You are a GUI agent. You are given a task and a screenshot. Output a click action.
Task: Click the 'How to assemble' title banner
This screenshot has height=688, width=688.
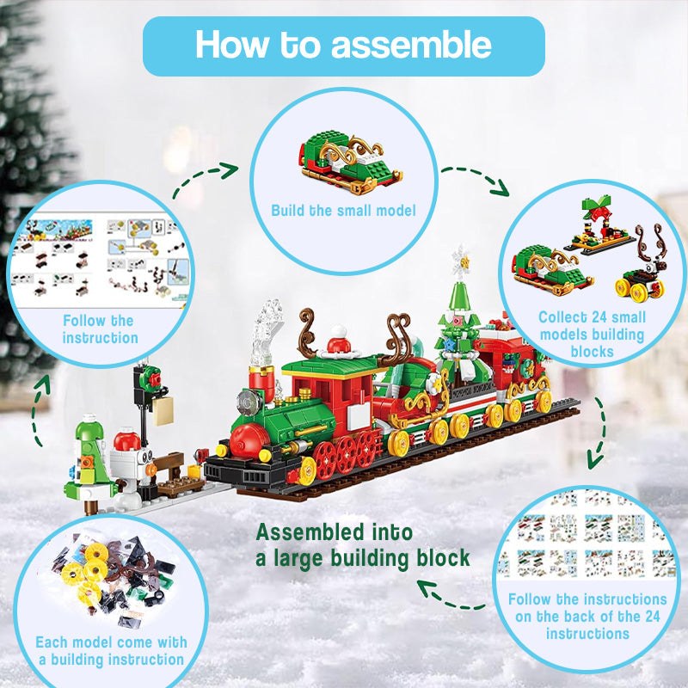pyautogui.click(x=343, y=46)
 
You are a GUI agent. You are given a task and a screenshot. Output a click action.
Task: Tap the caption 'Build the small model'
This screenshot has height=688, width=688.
pyautogui.click(x=343, y=210)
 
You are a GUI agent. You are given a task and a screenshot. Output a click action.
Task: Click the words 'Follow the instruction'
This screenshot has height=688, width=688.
pyautogui.click(x=99, y=329)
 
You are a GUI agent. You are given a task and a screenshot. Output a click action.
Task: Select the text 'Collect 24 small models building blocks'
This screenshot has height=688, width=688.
pyautogui.click(x=592, y=335)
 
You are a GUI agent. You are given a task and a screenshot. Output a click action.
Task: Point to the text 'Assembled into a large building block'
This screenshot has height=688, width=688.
pyautogui.click(x=363, y=545)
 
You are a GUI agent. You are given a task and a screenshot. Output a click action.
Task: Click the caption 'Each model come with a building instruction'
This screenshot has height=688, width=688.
pyautogui.click(x=111, y=650)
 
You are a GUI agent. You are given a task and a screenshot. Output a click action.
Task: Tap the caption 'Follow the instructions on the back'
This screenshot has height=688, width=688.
pyautogui.click(x=587, y=616)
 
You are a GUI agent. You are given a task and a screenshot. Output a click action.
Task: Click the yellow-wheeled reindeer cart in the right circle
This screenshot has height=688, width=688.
pyautogui.click(x=642, y=271)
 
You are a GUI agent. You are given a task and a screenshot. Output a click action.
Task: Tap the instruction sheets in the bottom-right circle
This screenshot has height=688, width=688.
pyautogui.click(x=587, y=537)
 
